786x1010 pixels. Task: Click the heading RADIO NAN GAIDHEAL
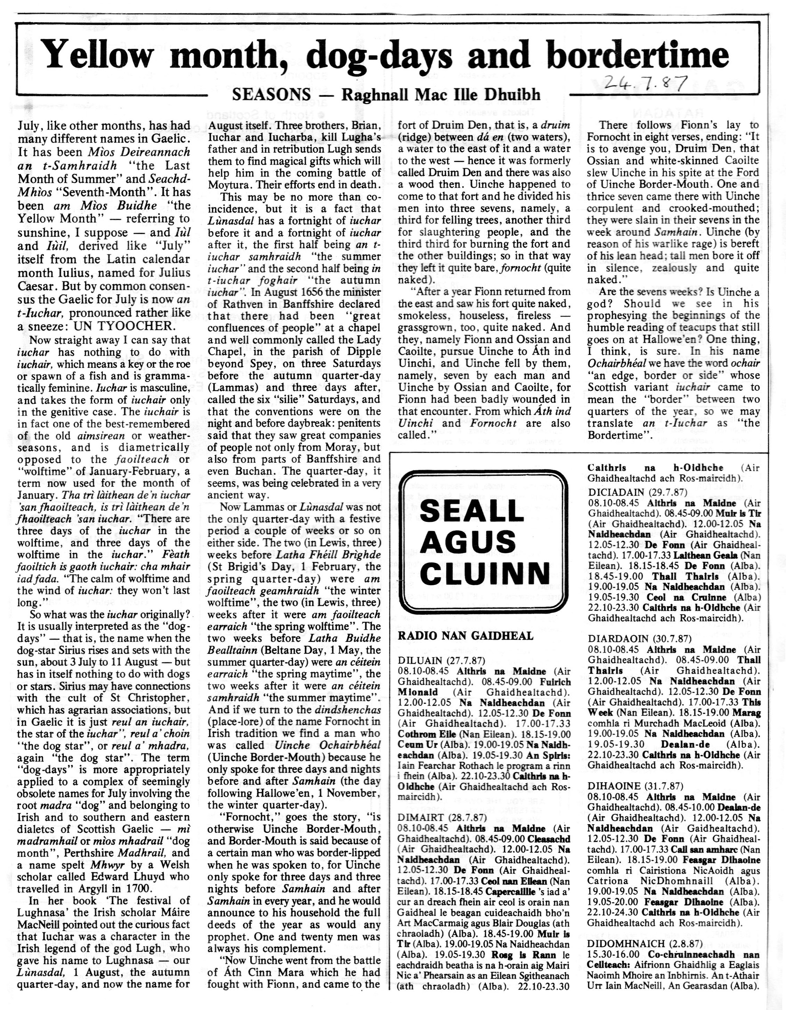[x=465, y=635]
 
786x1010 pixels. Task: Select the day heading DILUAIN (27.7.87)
[x=441, y=660]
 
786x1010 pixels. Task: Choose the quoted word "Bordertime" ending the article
[x=617, y=435]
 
